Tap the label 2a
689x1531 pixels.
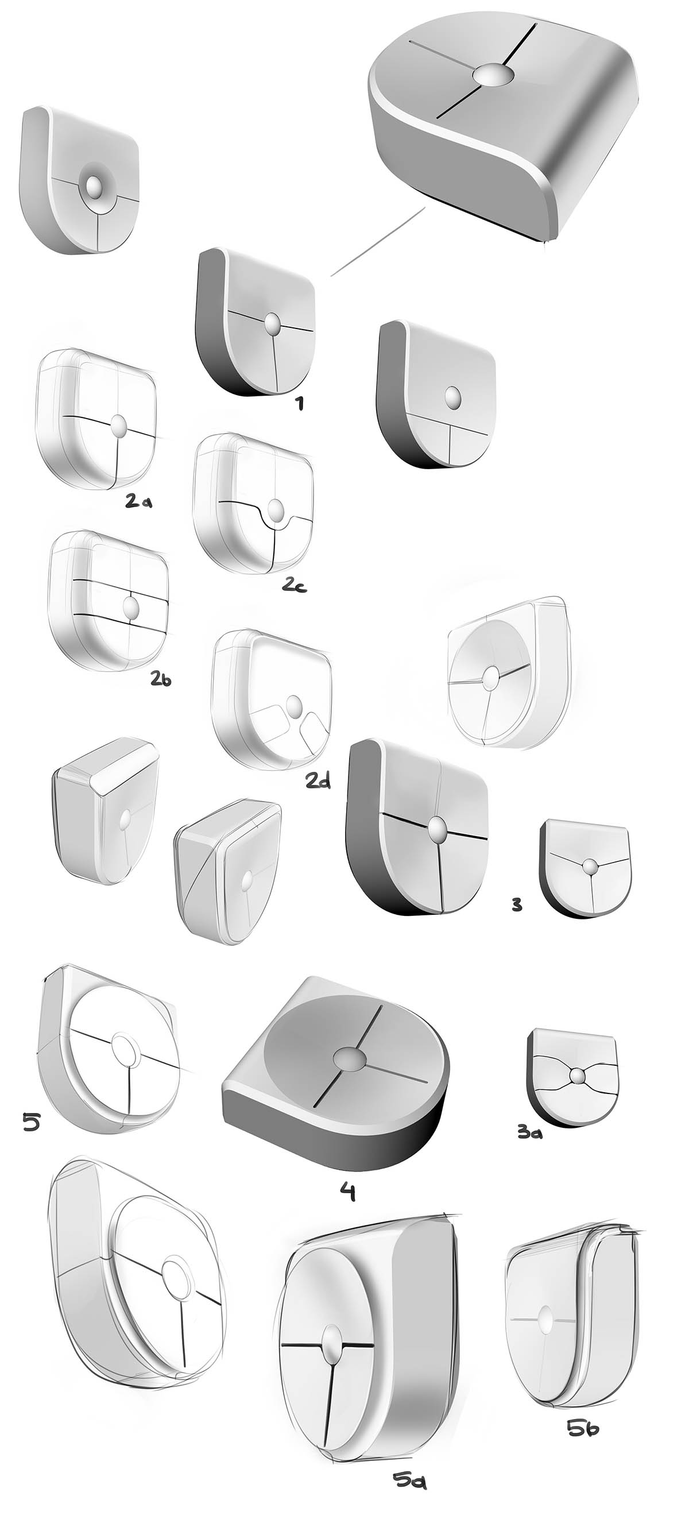click(x=138, y=501)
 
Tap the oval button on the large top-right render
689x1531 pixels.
click(x=492, y=75)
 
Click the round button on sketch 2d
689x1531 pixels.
click(x=293, y=705)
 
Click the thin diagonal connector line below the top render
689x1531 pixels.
click(x=377, y=241)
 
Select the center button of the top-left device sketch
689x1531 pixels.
click(x=94, y=187)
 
